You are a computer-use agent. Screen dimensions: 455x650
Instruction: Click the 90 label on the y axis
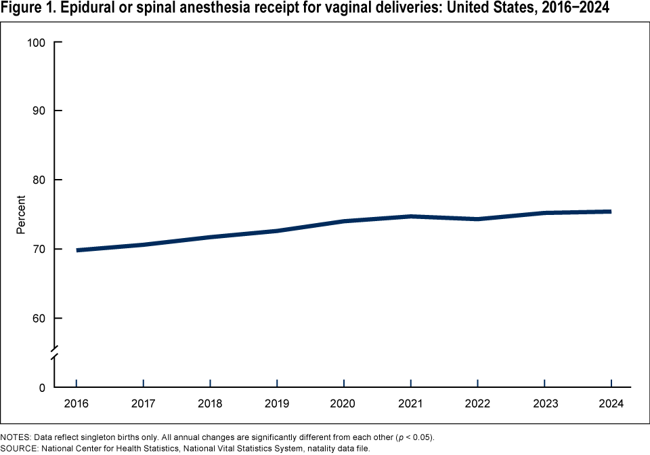point(38,111)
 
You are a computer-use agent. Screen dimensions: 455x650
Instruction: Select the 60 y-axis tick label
point(38,318)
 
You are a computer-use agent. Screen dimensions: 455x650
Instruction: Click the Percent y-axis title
point(21,215)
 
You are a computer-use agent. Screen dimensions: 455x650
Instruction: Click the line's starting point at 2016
point(77,250)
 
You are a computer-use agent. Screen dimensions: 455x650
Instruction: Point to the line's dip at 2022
point(477,219)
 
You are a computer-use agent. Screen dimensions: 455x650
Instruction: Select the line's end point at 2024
point(610,212)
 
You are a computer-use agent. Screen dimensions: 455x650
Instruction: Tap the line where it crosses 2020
point(344,221)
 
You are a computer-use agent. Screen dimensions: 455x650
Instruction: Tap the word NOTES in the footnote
point(14,436)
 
